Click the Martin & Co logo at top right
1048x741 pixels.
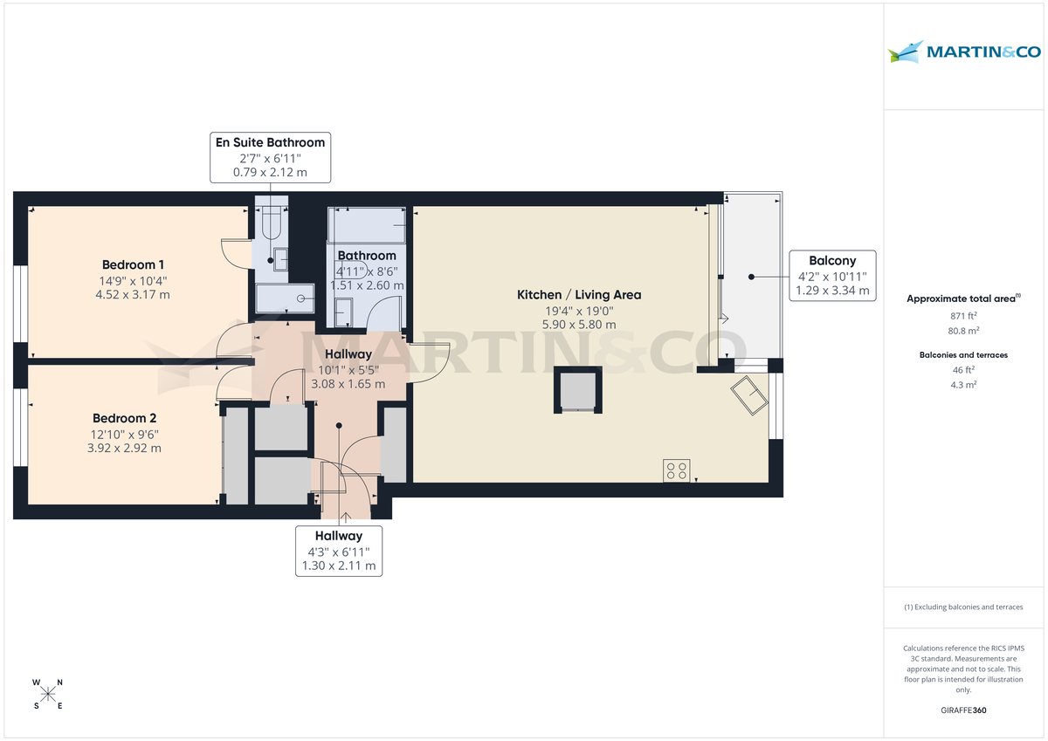[964, 51]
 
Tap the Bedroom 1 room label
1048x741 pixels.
[133, 264]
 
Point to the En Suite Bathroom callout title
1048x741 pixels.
[270, 142]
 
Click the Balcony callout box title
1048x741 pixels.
[831, 260]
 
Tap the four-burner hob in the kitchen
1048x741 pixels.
[676, 470]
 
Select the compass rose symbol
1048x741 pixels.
[48, 694]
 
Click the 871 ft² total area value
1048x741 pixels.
[963, 316]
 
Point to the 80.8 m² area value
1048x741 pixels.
[963, 332]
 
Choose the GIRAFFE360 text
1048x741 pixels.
[963, 710]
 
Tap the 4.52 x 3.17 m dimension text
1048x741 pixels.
[133, 294]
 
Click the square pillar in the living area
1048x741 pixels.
[578, 390]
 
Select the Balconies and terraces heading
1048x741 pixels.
[963, 355]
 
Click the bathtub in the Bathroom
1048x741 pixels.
[366, 225]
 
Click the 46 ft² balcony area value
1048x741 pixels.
[963, 370]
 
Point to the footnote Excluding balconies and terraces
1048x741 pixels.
[963, 607]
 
